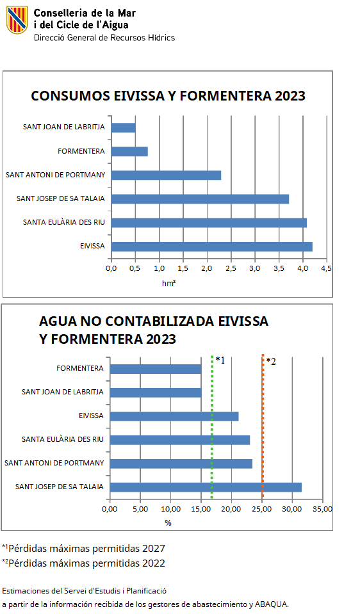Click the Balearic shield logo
pos(17,20)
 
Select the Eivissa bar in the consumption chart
pos(212,246)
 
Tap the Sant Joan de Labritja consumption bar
pos(124,127)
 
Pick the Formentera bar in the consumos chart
pos(129,152)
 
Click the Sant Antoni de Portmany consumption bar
pos(166,175)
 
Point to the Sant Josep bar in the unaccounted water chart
pos(206,487)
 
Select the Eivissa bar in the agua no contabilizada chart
pos(174,416)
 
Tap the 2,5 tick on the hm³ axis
pos(231,268)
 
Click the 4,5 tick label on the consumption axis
pos(326,268)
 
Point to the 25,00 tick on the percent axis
pos(261,509)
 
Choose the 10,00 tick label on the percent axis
pos(171,509)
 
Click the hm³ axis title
pos(169,283)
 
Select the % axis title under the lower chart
pos(168,522)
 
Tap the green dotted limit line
pos(212,427)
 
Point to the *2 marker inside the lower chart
pos(271,362)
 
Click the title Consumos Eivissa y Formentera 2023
pos(168,96)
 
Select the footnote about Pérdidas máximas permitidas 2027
pos(83,548)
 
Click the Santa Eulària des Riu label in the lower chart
pos(63,439)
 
